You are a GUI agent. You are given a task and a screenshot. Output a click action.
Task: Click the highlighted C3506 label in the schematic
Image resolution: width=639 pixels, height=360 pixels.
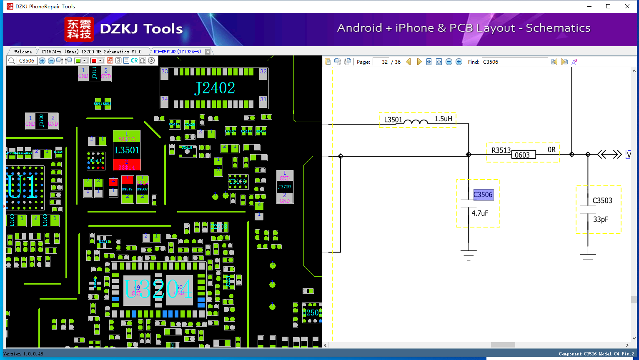click(x=483, y=195)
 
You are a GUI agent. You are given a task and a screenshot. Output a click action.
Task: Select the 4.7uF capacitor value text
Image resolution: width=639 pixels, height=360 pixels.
click(x=480, y=213)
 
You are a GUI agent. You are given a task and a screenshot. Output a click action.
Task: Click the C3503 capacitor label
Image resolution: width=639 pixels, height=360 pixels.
click(x=602, y=200)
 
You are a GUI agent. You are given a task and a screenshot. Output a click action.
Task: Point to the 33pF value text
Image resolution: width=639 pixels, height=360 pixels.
click(x=601, y=220)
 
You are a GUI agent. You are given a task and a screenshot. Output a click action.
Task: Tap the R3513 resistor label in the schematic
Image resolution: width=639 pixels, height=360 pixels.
click(x=501, y=150)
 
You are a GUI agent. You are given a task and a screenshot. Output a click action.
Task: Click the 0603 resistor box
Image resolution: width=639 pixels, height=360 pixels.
click(x=523, y=155)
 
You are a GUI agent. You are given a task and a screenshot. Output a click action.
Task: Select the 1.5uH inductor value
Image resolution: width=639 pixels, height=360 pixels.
click(x=443, y=119)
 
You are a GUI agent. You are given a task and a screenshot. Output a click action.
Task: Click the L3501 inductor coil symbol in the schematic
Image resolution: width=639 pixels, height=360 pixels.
click(x=416, y=122)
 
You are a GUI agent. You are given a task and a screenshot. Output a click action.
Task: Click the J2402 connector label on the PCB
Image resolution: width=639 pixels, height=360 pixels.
click(x=215, y=88)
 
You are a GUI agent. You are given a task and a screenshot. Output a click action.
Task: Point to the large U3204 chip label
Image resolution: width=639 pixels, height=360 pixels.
click(x=158, y=289)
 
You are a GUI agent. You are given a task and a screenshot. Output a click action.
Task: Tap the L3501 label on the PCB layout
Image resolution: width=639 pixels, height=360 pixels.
click(x=127, y=150)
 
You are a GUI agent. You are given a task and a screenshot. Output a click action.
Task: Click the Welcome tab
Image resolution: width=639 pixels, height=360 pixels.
click(x=23, y=52)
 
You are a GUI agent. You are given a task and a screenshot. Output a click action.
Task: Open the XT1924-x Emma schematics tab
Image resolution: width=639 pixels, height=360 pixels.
click(x=91, y=52)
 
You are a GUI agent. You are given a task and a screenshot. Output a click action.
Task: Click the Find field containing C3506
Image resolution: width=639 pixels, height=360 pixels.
click(x=515, y=62)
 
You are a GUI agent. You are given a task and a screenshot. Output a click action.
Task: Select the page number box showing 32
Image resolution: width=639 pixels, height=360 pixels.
click(x=381, y=62)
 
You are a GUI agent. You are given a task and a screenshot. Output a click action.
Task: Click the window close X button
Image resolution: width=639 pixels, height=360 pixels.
click(x=627, y=6)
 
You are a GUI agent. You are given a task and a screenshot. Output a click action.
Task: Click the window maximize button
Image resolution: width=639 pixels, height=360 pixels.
click(x=608, y=6)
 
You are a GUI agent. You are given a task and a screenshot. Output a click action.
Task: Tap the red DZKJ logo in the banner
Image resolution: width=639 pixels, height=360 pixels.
click(x=79, y=29)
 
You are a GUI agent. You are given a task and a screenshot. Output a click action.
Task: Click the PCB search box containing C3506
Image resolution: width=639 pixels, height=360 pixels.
click(x=27, y=61)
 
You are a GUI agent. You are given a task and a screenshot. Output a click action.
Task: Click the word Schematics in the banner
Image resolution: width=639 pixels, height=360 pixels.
click(x=558, y=28)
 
